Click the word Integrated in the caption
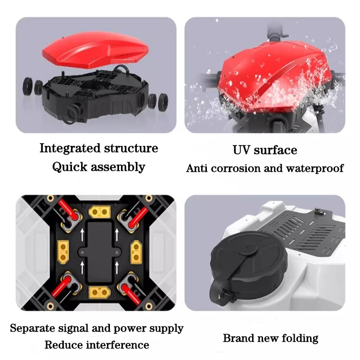click(x=70, y=148)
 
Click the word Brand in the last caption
click(x=238, y=338)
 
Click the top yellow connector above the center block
click(x=102, y=212)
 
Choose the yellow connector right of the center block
click(x=136, y=250)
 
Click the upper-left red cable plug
click(x=69, y=216)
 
